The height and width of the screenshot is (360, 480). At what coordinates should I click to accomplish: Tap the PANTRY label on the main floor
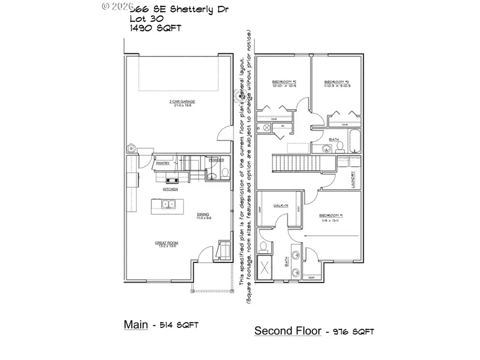point(163,163)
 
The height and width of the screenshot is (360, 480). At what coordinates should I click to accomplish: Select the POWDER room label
point(215,160)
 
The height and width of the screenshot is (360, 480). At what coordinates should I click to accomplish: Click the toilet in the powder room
point(225,173)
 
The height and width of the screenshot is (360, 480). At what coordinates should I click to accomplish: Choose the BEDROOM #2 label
point(283,82)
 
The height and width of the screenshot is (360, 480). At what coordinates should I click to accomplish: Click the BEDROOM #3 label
point(337,82)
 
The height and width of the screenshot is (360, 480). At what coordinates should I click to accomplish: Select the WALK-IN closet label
point(281,205)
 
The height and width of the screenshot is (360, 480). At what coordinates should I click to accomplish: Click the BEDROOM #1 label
point(330,215)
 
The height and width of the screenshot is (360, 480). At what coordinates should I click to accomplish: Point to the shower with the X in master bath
point(264,268)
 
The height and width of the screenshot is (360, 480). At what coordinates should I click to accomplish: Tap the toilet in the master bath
point(263,247)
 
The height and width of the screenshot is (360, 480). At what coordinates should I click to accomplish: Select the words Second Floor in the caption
point(287,331)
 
